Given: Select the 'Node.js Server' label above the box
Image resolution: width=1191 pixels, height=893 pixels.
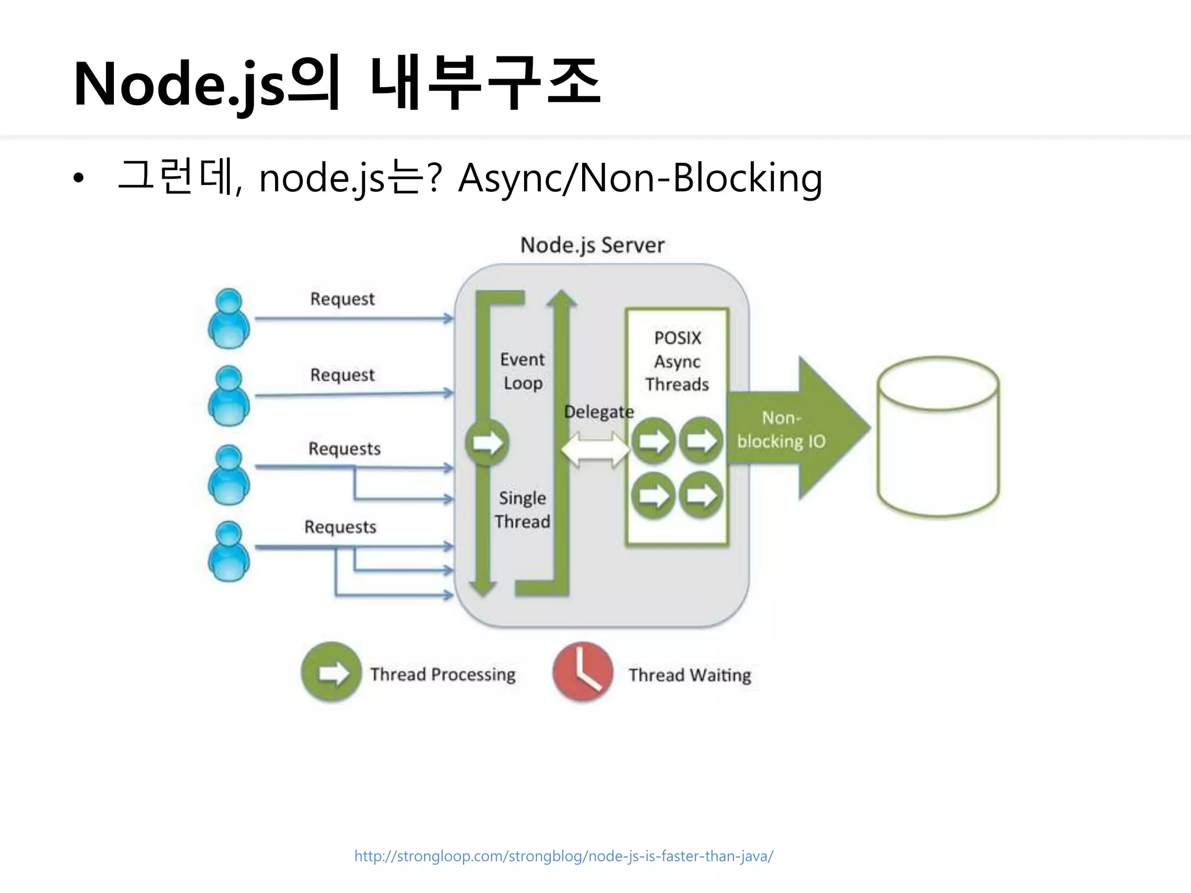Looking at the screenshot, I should (x=592, y=245).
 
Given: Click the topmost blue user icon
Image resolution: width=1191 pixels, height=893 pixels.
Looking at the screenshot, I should (x=229, y=319).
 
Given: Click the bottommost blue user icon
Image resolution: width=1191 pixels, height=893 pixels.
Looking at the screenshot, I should (x=229, y=551).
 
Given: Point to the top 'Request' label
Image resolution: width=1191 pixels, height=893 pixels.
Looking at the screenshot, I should (x=342, y=299).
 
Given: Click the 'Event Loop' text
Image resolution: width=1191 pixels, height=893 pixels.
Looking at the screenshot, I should (x=522, y=371).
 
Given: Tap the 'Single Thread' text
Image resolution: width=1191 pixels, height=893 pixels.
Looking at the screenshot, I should (x=522, y=510).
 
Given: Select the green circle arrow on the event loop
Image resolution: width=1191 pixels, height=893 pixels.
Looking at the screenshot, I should (x=487, y=442).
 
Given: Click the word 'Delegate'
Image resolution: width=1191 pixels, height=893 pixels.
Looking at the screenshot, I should (x=598, y=412).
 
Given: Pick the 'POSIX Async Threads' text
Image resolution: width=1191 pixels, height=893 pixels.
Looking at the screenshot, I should (x=677, y=361).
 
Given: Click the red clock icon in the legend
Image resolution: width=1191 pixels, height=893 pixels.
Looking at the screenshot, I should (x=582, y=671).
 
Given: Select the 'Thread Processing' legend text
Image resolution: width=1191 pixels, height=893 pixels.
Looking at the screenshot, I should (x=443, y=674).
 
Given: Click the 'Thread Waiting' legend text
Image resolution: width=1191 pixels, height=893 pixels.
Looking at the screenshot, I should (x=690, y=675).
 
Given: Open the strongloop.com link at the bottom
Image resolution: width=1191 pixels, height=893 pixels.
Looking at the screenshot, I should (x=564, y=856).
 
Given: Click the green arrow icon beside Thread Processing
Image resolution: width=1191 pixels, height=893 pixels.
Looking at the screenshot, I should (x=331, y=672).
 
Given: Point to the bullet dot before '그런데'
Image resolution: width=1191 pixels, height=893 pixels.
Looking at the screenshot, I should (x=79, y=178).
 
